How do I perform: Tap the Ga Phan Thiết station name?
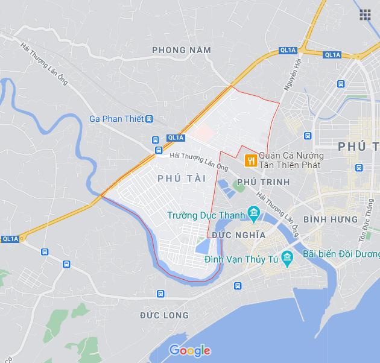[x=116, y=119]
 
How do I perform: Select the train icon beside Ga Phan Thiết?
[x=149, y=119]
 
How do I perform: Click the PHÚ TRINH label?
[x=264, y=181]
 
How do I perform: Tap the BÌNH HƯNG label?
[x=331, y=219]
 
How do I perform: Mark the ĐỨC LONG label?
[x=164, y=315]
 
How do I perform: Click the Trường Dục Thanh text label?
[x=206, y=215]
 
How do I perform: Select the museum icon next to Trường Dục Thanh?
[x=253, y=213]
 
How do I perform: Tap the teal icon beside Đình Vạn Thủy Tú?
[x=287, y=258]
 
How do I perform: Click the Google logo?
[x=189, y=350]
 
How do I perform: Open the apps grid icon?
[x=365, y=15]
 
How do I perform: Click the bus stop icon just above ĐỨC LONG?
[x=160, y=294]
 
